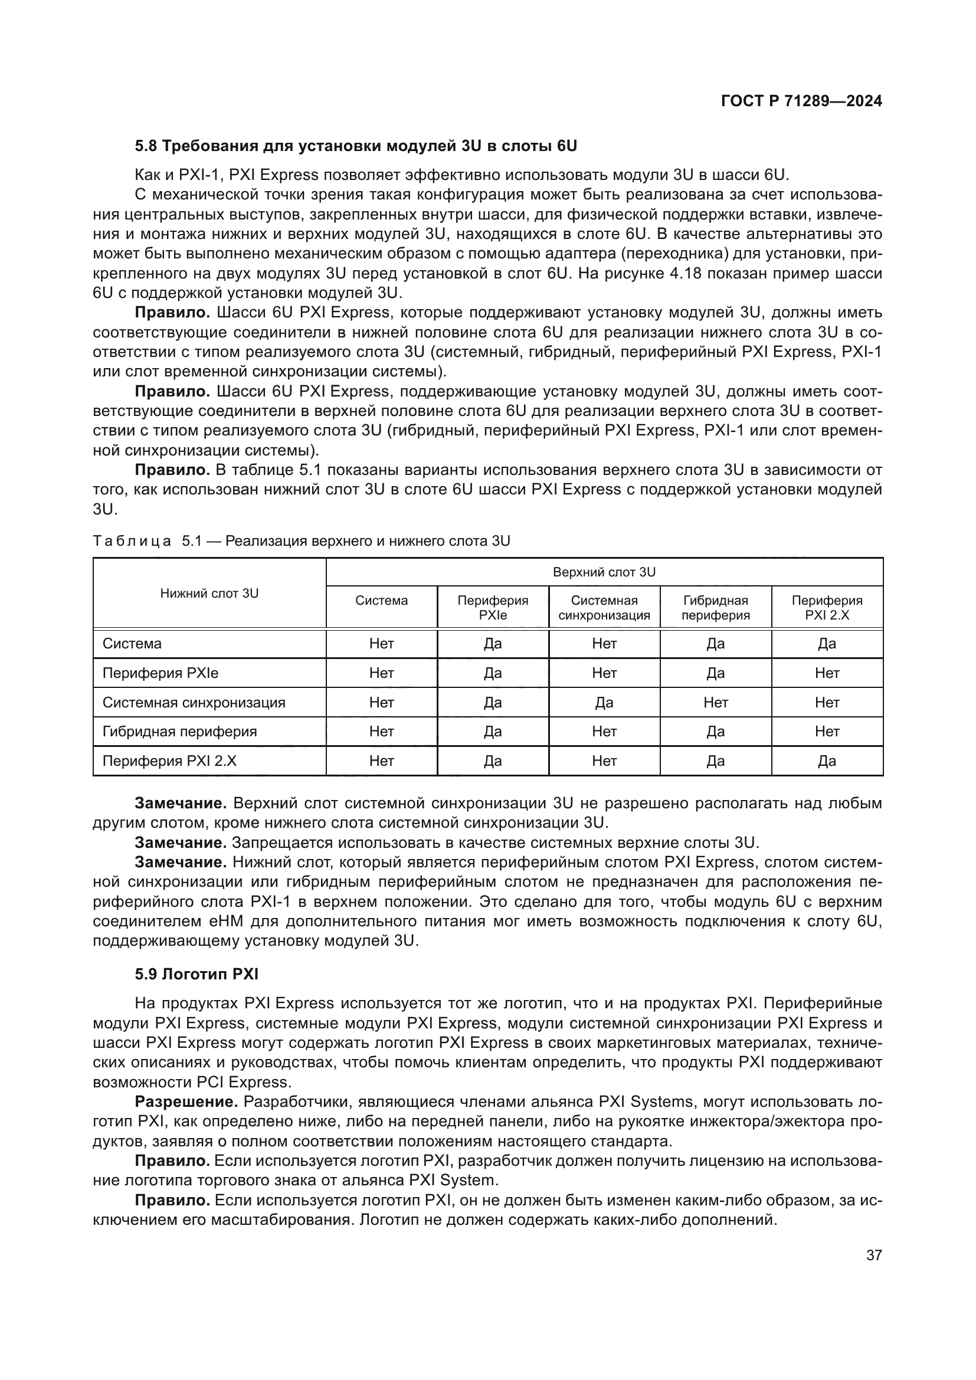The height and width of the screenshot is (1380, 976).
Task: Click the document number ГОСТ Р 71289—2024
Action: [801, 101]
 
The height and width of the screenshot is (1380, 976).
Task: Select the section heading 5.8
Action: [356, 146]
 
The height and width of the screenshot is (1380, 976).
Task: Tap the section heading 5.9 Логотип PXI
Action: [196, 974]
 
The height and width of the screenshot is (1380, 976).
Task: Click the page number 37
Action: [874, 1255]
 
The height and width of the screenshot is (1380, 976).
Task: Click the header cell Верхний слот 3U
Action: [604, 572]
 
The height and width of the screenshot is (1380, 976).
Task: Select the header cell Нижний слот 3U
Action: [209, 593]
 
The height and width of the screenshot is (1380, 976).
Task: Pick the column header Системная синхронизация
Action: [604, 608]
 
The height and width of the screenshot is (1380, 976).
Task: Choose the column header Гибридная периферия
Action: [715, 608]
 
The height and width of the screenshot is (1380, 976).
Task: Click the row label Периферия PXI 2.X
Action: [169, 761]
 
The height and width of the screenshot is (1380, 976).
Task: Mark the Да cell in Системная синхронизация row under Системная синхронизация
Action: [604, 703]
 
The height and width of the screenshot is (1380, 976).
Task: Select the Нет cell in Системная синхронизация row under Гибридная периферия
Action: [715, 703]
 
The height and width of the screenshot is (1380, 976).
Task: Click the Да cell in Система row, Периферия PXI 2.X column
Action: [826, 644]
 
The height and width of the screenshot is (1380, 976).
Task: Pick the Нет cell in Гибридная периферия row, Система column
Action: [382, 732]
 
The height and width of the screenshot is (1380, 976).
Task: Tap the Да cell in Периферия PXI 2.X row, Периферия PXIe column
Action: [493, 761]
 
